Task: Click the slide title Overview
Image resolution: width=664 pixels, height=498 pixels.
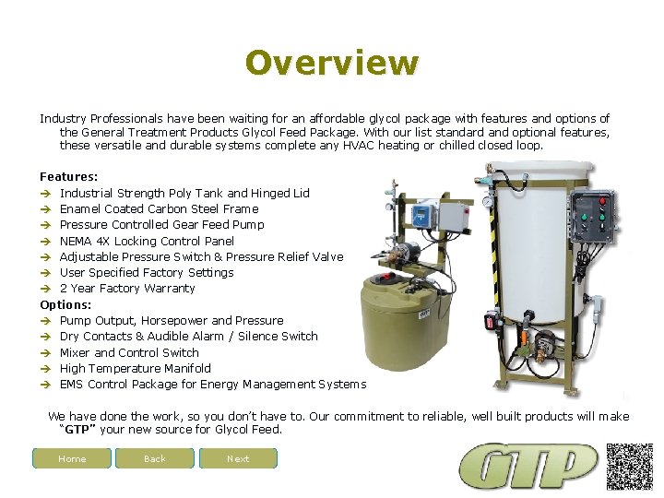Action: pyautogui.click(x=332, y=63)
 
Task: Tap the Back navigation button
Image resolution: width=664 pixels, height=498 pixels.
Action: pyautogui.click(x=155, y=458)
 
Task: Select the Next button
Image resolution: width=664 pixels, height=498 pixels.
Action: pyautogui.click(x=238, y=458)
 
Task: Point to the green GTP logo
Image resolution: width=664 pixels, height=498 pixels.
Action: pyautogui.click(x=529, y=467)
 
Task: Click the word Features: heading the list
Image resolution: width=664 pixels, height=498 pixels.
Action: pyautogui.click(x=69, y=176)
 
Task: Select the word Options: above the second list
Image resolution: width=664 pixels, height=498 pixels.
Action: pyautogui.click(x=65, y=304)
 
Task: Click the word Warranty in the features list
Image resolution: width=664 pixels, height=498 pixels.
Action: pyautogui.click(x=171, y=289)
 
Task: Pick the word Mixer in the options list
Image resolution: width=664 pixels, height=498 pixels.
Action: pyautogui.click(x=75, y=352)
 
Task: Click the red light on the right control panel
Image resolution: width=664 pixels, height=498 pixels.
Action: pyautogui.click(x=604, y=198)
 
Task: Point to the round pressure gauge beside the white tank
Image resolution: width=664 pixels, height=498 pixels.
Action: pyautogui.click(x=487, y=201)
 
